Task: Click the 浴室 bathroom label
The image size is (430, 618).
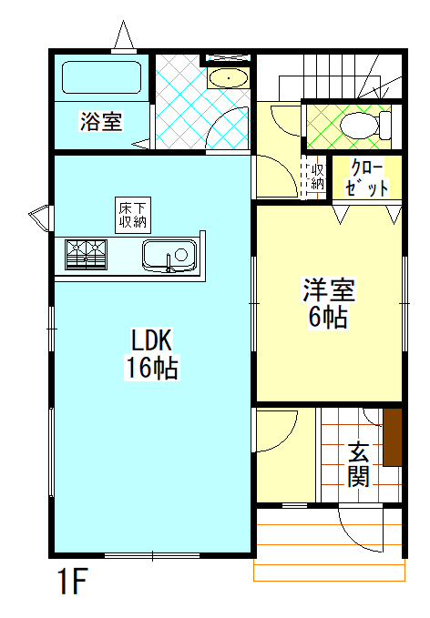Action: pos(101,121)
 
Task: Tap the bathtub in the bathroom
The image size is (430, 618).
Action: pos(101,77)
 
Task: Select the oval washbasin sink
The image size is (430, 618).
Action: pos(229,78)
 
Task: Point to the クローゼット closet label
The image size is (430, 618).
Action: pos(367,178)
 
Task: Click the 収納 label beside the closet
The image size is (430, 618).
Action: pos(318,177)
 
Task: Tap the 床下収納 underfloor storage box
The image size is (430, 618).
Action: pos(133,215)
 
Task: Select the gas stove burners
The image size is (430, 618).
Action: pos(87,254)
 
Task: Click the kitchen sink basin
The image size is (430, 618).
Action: pos(169,256)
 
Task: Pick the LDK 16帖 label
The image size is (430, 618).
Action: pos(152,354)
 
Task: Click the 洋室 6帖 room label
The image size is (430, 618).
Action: pos(329,303)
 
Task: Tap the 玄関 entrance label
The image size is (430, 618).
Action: pos(359,464)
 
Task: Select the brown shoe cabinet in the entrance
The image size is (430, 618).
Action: pos(393,437)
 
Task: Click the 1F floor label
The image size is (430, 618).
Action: pos(73,581)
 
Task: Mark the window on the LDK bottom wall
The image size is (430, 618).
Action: pos(152,556)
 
